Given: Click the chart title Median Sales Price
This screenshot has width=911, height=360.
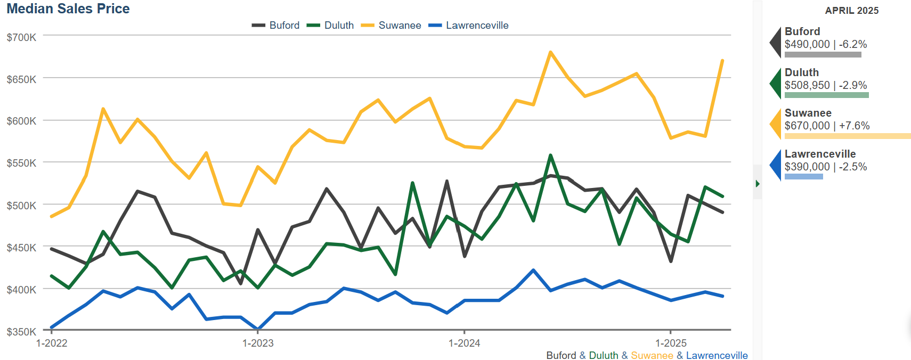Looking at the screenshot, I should (x=68, y=9).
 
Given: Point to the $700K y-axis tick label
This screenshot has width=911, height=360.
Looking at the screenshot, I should (x=21, y=37).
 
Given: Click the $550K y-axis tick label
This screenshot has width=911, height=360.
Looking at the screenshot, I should (x=21, y=163).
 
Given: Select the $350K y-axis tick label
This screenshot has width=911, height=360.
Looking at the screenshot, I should (x=21, y=332).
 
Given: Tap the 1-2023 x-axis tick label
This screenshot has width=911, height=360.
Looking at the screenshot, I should (x=258, y=343).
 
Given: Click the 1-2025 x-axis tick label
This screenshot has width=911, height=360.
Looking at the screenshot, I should (x=671, y=343).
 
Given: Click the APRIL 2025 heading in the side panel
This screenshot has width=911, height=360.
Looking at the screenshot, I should (x=851, y=11).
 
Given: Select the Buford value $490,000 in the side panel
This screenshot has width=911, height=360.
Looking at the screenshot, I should (x=807, y=45).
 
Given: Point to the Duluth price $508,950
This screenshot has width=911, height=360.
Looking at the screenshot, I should (x=807, y=86).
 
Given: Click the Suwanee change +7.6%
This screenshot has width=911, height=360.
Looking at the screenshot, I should (x=855, y=126).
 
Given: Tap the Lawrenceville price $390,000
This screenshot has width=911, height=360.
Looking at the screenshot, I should (x=807, y=167).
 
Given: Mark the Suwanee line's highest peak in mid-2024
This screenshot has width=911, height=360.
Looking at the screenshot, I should (x=550, y=52).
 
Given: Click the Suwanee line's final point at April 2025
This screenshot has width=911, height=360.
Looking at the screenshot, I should (x=722, y=61).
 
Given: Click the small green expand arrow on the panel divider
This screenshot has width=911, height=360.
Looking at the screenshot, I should (x=758, y=184).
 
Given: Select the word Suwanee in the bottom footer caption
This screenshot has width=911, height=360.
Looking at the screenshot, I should (x=652, y=356).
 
